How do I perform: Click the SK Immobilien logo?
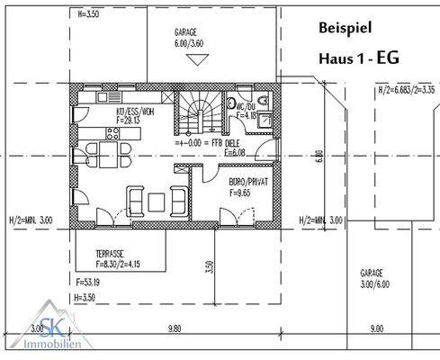click(x=33, y=337)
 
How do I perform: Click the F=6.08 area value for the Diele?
click(x=233, y=152)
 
